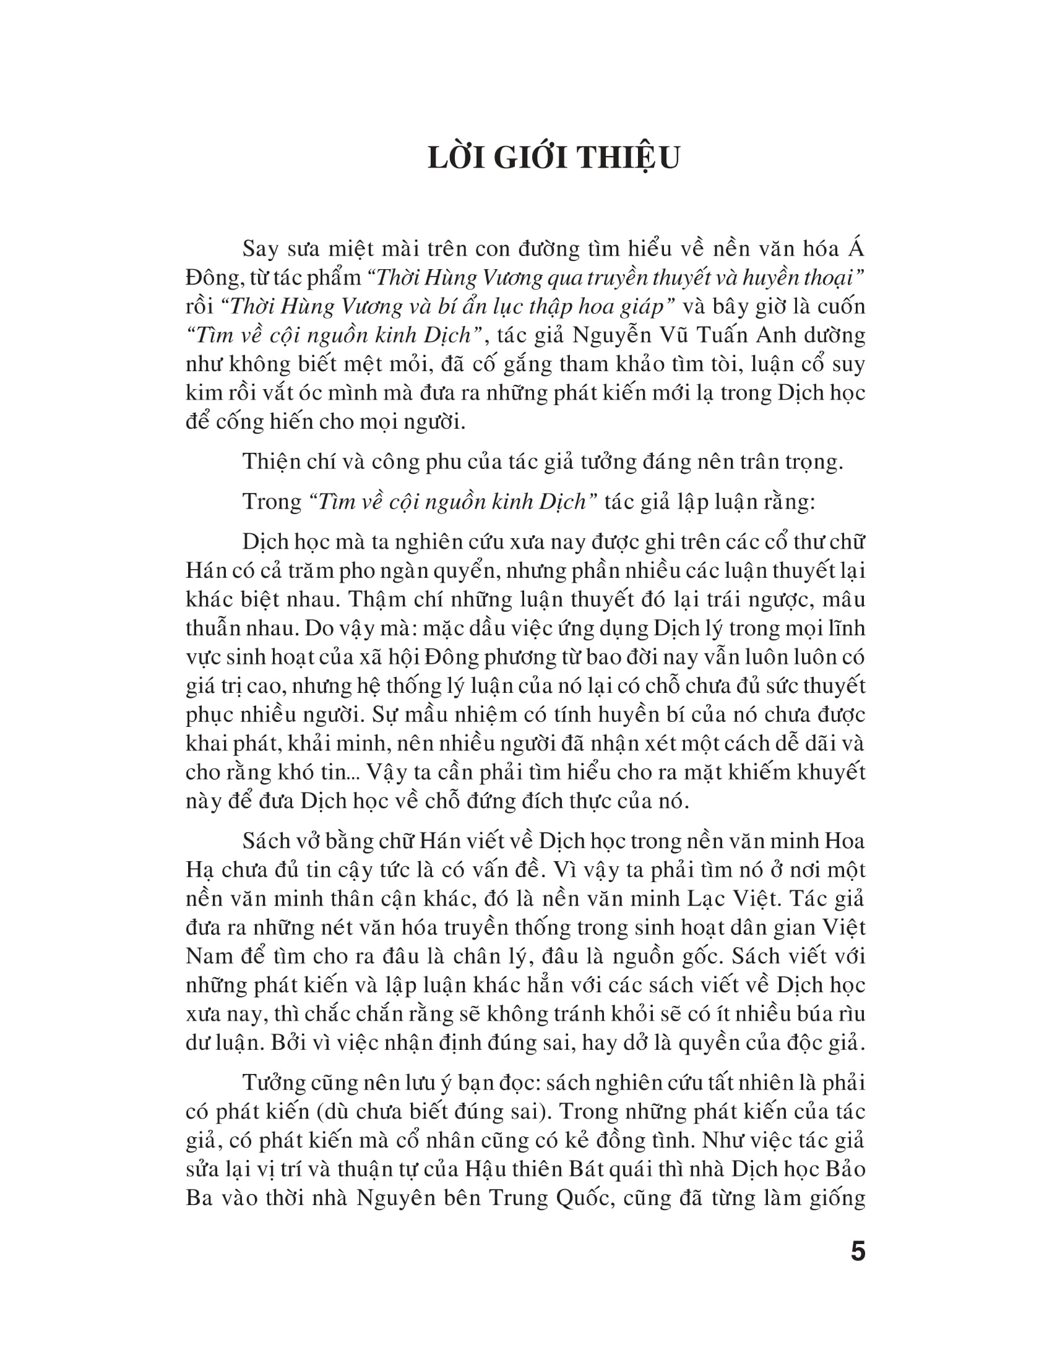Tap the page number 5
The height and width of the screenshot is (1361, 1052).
point(858,1252)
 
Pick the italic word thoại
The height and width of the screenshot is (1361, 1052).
point(826,278)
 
